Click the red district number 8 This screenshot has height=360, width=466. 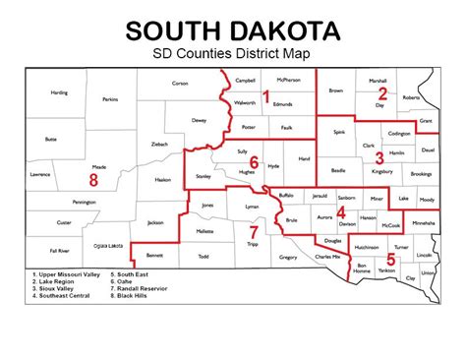pyautogui.click(x=93, y=180)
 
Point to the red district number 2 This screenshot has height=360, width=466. pyautogui.click(x=382, y=93)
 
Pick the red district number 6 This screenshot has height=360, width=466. pyautogui.click(x=253, y=162)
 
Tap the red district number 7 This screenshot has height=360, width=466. pyautogui.click(x=253, y=231)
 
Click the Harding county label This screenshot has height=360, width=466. pyautogui.click(x=59, y=92)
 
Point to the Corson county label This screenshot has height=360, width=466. pyautogui.click(x=180, y=84)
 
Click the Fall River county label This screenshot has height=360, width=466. pyautogui.click(x=58, y=251)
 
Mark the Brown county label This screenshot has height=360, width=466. pyautogui.click(x=335, y=89)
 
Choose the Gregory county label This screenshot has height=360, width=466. pyautogui.click(x=288, y=257)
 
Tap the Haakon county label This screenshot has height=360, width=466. pyautogui.click(x=163, y=179)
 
